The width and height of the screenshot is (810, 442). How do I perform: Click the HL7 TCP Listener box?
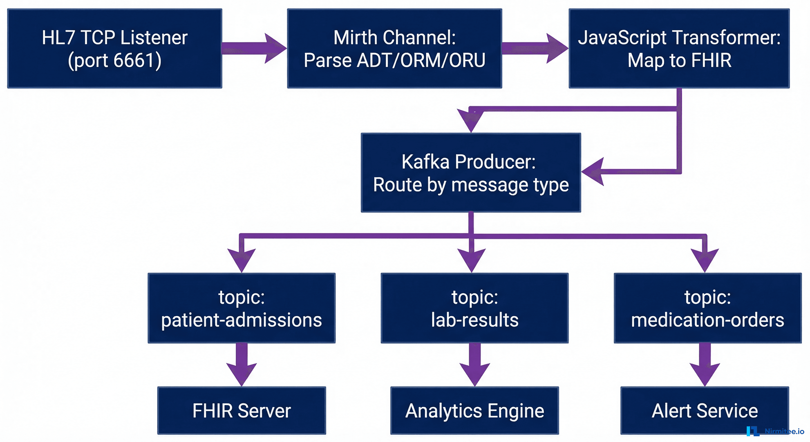114,48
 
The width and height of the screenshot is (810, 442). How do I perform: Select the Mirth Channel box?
394,48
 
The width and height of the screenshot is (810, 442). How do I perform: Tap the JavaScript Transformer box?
679,48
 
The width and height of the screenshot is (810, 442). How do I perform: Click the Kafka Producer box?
471,173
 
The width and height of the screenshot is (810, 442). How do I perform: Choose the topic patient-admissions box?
242,308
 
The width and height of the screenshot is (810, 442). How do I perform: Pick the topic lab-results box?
475,308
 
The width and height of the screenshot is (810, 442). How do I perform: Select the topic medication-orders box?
708,308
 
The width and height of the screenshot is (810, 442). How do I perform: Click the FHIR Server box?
242,410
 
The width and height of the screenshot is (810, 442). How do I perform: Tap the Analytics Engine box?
475,410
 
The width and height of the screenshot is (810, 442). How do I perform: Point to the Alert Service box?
704,410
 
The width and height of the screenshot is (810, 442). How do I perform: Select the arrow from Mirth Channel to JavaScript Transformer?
534,48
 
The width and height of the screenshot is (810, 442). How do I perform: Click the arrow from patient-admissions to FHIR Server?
242,365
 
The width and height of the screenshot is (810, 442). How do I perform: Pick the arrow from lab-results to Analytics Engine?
475,365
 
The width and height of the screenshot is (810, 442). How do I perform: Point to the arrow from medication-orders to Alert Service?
705,365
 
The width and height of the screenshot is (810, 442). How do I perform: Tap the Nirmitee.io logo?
775,431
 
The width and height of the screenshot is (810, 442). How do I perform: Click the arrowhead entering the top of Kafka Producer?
470,121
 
